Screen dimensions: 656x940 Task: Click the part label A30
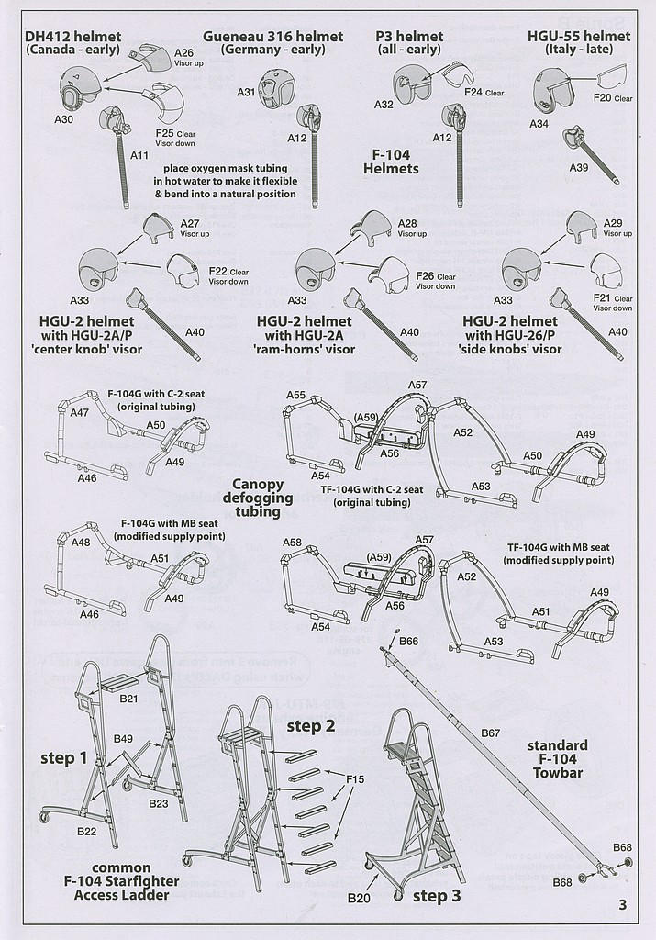tap(63, 119)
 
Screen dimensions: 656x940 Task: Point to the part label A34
tap(539, 124)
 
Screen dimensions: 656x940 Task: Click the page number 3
tap(622, 904)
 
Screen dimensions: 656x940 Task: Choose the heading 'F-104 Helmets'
tap(391, 162)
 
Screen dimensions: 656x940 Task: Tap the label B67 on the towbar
tap(490, 733)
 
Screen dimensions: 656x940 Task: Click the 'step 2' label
tap(310, 726)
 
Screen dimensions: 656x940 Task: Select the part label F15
tap(355, 779)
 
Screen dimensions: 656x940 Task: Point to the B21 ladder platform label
tap(128, 699)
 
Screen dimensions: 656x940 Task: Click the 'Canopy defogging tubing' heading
tap(258, 498)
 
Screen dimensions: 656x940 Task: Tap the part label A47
tap(80, 412)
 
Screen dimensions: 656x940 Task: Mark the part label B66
tap(408, 642)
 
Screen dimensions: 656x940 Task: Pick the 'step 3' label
tap(437, 896)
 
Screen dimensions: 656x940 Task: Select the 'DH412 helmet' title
tap(73, 37)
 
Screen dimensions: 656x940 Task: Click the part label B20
tap(358, 898)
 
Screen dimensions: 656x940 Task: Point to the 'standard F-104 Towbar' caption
tap(557, 758)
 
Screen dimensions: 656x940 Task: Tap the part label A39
tap(579, 167)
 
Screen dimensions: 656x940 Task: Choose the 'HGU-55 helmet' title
tap(579, 37)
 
